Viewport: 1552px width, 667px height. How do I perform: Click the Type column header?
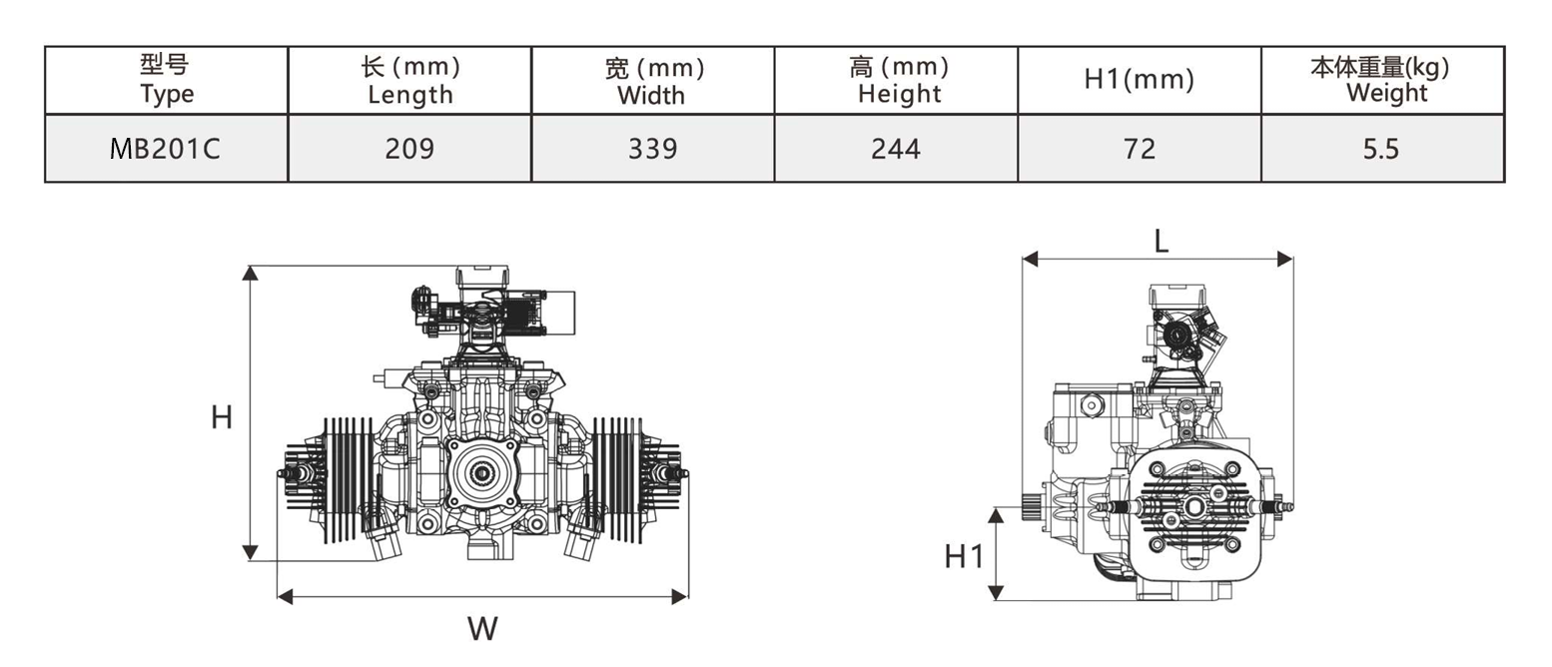tap(167, 80)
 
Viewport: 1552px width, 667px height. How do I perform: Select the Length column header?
tap(409, 80)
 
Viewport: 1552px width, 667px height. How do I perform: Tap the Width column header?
tap(652, 80)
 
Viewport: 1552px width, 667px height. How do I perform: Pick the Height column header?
tap(897, 80)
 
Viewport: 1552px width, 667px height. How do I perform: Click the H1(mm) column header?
tap(1140, 80)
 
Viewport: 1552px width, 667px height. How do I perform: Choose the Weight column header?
tap(1383, 80)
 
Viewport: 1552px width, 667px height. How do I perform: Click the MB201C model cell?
tap(167, 149)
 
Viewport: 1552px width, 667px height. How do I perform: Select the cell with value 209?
tap(409, 149)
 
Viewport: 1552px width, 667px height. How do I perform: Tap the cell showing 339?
tap(652, 149)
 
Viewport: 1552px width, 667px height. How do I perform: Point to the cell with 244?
tap(897, 149)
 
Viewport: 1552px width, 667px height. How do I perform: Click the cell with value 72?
tap(1140, 149)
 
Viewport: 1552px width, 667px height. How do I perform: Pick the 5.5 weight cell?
tap(1383, 149)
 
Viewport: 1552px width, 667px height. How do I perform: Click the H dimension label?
tap(222, 416)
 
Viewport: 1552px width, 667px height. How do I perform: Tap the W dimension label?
tap(482, 629)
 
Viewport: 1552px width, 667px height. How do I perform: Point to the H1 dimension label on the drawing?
tap(965, 556)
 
